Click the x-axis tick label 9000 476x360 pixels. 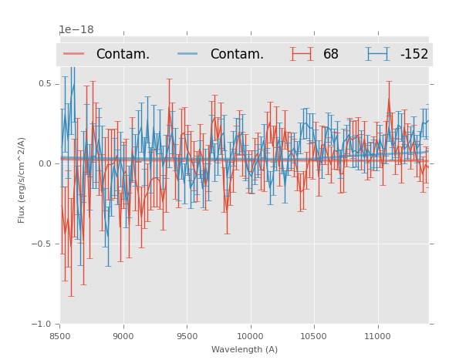pyautogui.click(x=123, y=336)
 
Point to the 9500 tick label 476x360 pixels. pyautogui.click(x=187, y=336)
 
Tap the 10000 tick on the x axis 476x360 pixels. pyautogui.click(x=250, y=336)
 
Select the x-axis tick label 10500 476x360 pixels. pyautogui.click(x=313, y=336)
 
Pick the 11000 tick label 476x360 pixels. pyautogui.click(x=377, y=336)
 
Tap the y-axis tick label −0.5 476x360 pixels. pyautogui.click(x=42, y=244)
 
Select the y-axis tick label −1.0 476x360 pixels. pyautogui.click(x=42, y=325)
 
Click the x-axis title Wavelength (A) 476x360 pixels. pyautogui.click(x=245, y=350)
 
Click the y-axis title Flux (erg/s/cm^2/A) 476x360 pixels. pyautogui.click(x=22, y=180)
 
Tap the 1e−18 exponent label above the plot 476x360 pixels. pyautogui.click(x=76, y=30)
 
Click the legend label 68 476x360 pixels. pyautogui.click(x=331, y=55)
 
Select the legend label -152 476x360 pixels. pyautogui.click(x=414, y=55)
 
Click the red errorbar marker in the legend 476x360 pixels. pyautogui.click(x=301, y=54)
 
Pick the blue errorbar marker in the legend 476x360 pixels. pyautogui.click(x=377, y=54)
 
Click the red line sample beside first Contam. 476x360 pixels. pyautogui.click(x=74, y=54)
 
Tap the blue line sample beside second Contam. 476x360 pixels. pyautogui.click(x=188, y=54)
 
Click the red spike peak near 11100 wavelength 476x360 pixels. pyautogui.click(x=389, y=98)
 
